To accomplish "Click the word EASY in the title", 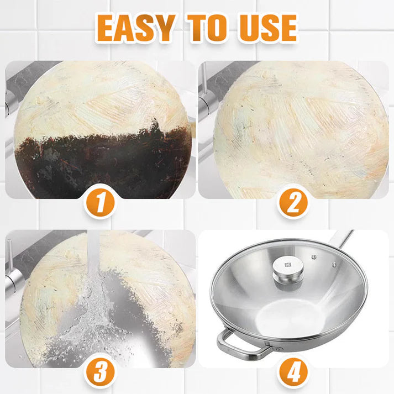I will point(138,27).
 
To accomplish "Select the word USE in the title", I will point(268,27).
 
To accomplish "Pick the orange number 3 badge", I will point(99,371).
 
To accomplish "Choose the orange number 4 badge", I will point(293,371).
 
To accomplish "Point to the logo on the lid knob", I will point(287,264).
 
